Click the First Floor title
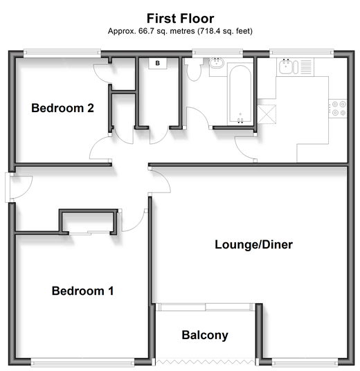pos(181,19)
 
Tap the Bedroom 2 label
pos(62,108)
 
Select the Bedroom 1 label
pos(82,291)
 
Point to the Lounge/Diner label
pos(253,244)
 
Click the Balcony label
pos(205,335)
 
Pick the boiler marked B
pos(158,63)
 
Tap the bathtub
pos(240,94)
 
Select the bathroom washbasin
pos(216,63)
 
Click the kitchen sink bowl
pos(286,66)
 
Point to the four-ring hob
pos(338,109)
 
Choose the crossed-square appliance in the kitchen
pos(267,114)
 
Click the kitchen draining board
pos(306,66)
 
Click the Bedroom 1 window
pos(82,362)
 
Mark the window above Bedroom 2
pos(62,53)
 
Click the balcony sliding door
pos(206,307)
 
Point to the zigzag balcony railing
pos(205,362)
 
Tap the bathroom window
pos(217,53)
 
